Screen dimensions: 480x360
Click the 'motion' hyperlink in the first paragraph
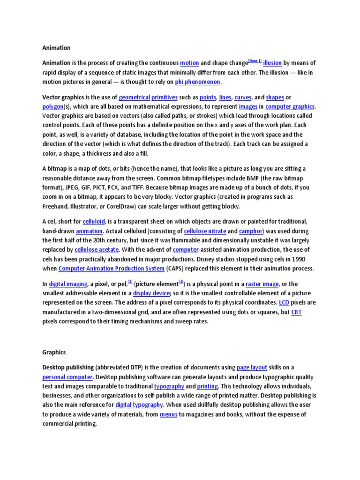coord(189,63)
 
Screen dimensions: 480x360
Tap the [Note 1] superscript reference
coord(255,61)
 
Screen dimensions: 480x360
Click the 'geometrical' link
coord(134,97)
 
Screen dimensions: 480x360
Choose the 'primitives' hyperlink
coord(164,97)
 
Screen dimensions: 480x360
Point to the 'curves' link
coord(243,97)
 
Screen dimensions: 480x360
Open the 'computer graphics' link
coord(290,107)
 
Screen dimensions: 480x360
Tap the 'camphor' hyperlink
coord(251,231)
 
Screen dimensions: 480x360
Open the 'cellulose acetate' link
coord(97,250)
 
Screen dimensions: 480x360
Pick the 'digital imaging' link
coord(68,284)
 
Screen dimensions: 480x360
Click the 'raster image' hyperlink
coord(262,284)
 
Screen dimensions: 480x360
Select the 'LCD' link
coord(284,303)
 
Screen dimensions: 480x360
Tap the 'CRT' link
coord(296,312)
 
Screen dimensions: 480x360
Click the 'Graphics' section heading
coord(54,352)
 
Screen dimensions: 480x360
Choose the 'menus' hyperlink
coord(168,414)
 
